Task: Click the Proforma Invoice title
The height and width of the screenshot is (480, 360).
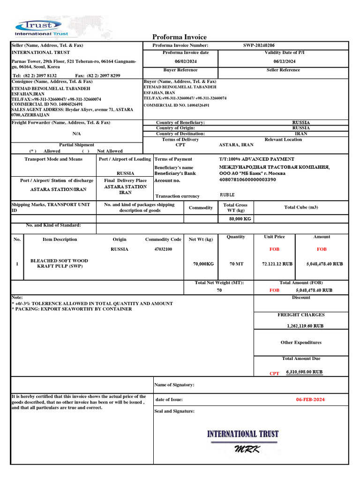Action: click(x=180, y=37)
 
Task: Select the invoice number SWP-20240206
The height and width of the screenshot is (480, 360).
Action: click(x=259, y=45)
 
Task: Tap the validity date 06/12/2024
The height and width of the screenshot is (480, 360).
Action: click(x=285, y=61)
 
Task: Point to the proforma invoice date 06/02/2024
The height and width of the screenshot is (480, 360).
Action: click(x=186, y=61)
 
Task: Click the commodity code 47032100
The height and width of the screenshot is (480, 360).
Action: click(x=164, y=249)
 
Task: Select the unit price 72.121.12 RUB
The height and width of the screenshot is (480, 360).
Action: click(x=277, y=264)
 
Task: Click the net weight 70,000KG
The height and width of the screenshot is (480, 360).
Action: click(x=203, y=264)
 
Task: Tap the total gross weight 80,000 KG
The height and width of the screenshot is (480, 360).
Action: click(x=240, y=219)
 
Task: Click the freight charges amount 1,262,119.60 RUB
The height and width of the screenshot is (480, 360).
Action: click(x=305, y=325)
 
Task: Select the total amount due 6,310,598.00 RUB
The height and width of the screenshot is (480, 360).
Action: click(x=304, y=372)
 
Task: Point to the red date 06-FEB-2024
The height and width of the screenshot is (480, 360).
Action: click(x=310, y=400)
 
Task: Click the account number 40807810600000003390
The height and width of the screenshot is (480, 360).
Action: click(x=247, y=180)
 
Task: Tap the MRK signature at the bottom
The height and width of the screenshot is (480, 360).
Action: click(x=247, y=450)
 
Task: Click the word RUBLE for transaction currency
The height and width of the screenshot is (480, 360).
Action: click(x=227, y=195)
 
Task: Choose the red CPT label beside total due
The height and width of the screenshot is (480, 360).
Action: click(x=274, y=374)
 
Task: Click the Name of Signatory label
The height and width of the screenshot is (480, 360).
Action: click(x=174, y=385)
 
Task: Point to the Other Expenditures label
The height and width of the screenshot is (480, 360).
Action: click(x=301, y=343)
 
